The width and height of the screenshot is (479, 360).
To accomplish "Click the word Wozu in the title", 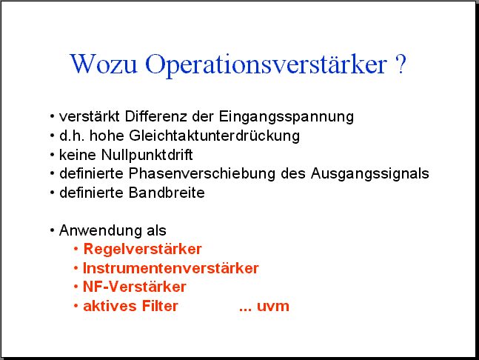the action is [x=104, y=64].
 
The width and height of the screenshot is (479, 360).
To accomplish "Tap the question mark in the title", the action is [x=401, y=64].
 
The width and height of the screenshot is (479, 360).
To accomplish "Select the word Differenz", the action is [x=155, y=116].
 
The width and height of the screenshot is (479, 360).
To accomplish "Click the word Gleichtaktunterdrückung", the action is [x=215, y=136].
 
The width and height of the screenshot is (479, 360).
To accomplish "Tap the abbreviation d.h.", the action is [x=72, y=136].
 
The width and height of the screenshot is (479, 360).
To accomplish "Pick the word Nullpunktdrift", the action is [x=147, y=156].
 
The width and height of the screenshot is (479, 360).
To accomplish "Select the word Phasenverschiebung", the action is [x=202, y=173].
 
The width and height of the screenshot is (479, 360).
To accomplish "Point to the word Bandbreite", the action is [x=167, y=193].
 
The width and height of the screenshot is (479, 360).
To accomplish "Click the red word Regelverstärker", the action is [x=143, y=250].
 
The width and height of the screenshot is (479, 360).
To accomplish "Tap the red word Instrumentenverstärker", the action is [x=171, y=268].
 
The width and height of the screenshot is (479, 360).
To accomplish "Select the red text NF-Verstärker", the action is [x=135, y=287].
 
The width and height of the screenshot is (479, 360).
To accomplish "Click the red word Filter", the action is [x=160, y=306].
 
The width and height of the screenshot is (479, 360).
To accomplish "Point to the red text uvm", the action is [x=273, y=307].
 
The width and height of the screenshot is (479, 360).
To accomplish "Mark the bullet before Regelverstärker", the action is [x=76, y=250].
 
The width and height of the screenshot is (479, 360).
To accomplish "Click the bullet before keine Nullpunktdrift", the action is [x=52, y=155].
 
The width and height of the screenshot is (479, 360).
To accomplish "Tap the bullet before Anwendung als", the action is [x=52, y=230].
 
